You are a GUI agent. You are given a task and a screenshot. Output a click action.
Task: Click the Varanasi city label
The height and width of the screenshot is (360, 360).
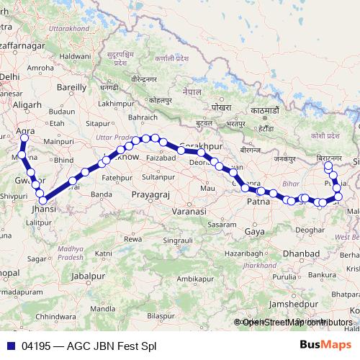click(x=190, y=212)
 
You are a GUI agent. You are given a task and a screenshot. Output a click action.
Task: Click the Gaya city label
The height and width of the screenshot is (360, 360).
click(x=254, y=231)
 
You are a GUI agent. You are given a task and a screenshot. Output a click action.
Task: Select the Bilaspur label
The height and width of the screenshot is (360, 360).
click(x=160, y=315)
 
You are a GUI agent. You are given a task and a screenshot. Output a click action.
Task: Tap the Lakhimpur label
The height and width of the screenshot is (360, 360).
click(x=116, y=104)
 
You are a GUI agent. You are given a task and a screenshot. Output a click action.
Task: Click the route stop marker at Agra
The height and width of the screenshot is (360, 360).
click(x=24, y=138)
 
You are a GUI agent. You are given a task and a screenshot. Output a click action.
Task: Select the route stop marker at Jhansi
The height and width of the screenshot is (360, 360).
click(x=42, y=199)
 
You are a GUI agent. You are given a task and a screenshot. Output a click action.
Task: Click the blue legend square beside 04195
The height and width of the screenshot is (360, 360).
click(x=8, y=346)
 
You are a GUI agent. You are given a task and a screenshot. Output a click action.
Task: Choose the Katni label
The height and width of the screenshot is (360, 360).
click(x=104, y=253)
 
